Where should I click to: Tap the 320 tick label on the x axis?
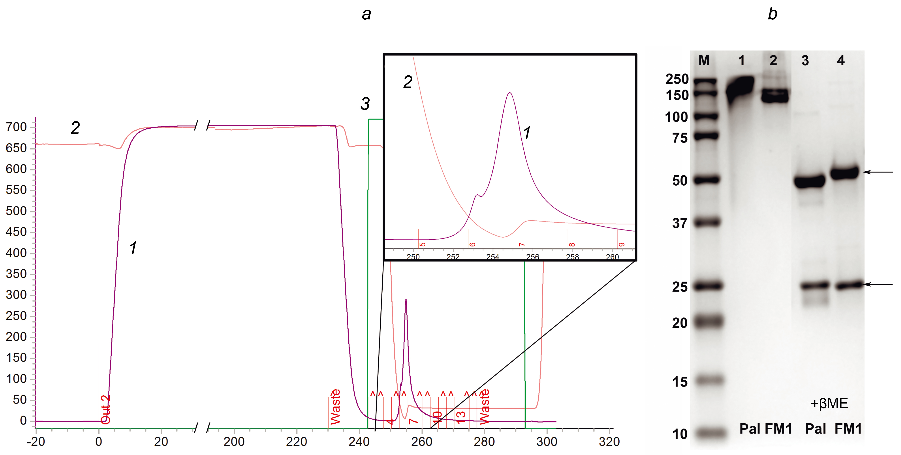click(609, 442)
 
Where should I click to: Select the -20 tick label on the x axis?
click(36, 442)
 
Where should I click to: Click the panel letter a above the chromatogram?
click(366, 14)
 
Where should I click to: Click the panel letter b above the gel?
click(772, 14)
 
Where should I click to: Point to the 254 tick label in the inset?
click(493, 257)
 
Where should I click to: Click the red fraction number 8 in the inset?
click(572, 245)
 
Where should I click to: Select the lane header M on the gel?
click(704, 61)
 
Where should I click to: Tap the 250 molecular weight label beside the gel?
click(677, 79)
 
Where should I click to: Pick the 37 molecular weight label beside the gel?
click(680, 223)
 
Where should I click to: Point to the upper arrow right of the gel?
click(878, 172)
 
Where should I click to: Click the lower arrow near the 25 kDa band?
click(878, 285)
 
